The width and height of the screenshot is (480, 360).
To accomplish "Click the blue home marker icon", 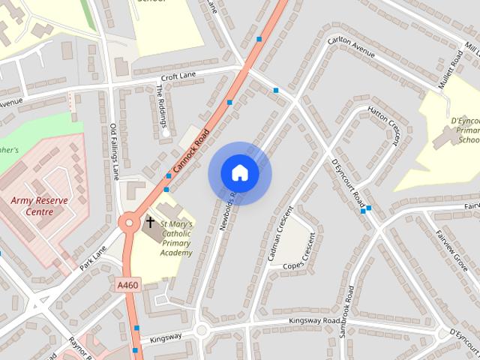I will tap(239, 173).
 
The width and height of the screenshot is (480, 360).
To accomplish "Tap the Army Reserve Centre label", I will tap(39, 205).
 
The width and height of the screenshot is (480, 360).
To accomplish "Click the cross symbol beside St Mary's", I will tap(150, 223).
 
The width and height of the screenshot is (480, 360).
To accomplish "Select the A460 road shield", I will tap(127, 285).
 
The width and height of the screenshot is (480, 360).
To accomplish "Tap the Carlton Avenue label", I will tap(352, 53).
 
